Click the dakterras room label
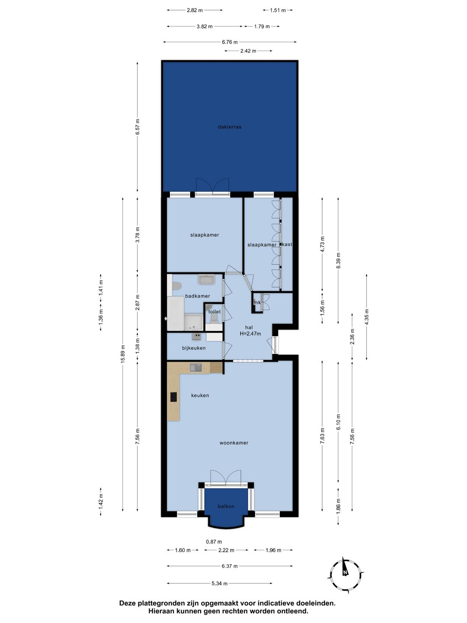[230, 127]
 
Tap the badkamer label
[198, 296]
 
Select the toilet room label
[214, 311]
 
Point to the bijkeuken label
[194, 348]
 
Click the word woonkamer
[234, 443]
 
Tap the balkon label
[226, 506]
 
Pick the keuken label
[200, 395]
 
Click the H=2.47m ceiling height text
[250, 334]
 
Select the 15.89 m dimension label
[123, 354]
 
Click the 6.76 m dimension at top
[230, 42]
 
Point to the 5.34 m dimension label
[220, 583]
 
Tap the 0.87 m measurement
[214, 542]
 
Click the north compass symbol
[345, 573]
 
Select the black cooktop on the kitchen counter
[174, 397]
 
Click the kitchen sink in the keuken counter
[196, 368]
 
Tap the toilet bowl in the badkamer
[176, 286]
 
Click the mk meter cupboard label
[257, 302]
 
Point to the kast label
[287, 244]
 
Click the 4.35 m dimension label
[367, 317]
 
